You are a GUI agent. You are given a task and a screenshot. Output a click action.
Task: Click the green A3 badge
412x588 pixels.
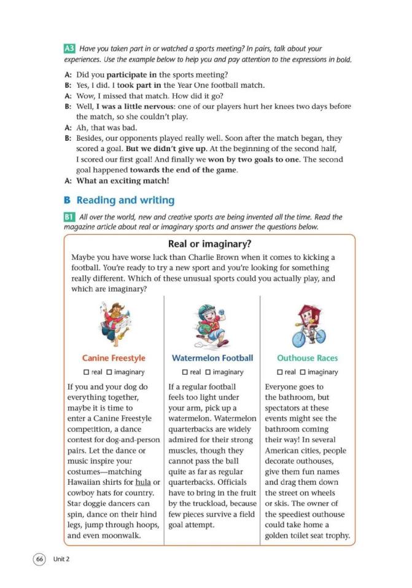click(x=71, y=49)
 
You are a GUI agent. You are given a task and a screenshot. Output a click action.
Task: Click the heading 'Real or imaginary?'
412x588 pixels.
click(x=209, y=245)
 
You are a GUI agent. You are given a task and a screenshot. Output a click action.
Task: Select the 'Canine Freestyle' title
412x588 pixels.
click(x=114, y=358)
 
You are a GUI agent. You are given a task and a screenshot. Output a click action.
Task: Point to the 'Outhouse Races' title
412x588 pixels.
click(x=307, y=358)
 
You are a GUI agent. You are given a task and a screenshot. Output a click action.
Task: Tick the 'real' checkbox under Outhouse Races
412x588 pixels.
click(x=279, y=372)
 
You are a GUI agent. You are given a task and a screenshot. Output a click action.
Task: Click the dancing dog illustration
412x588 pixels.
click(x=114, y=322)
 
